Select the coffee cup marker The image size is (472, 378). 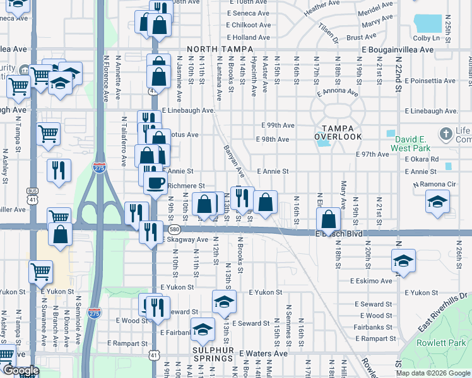pyautogui.click(x=155, y=183)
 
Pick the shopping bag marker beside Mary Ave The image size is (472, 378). pyautogui.click(x=329, y=220)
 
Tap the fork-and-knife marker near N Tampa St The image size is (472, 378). pyautogui.click(x=58, y=169)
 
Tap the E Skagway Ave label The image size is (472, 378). pyautogui.click(x=186, y=240)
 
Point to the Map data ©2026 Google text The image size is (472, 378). pyautogui.click(x=433, y=373)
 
